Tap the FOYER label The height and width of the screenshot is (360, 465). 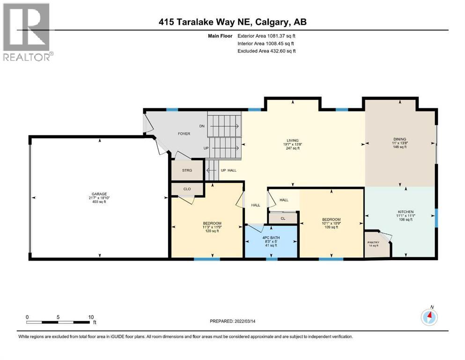click(x=184, y=134)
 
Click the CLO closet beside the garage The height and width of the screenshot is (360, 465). click(x=187, y=189)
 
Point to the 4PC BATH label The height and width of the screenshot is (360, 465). click(x=271, y=238)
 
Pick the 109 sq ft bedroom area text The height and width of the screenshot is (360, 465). click(x=331, y=228)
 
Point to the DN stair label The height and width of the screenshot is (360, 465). click(x=202, y=126)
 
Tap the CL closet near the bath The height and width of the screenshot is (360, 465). click(x=283, y=218)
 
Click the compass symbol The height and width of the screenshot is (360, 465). click(x=429, y=317)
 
